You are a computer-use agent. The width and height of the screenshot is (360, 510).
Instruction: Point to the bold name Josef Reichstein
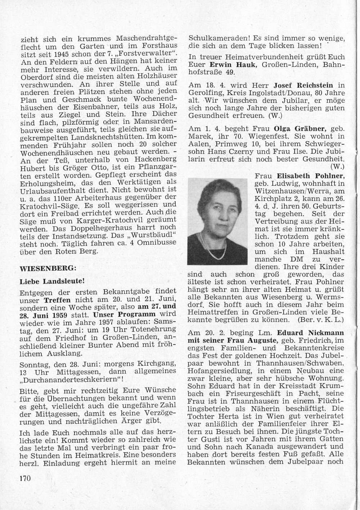click(x=303, y=85)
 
